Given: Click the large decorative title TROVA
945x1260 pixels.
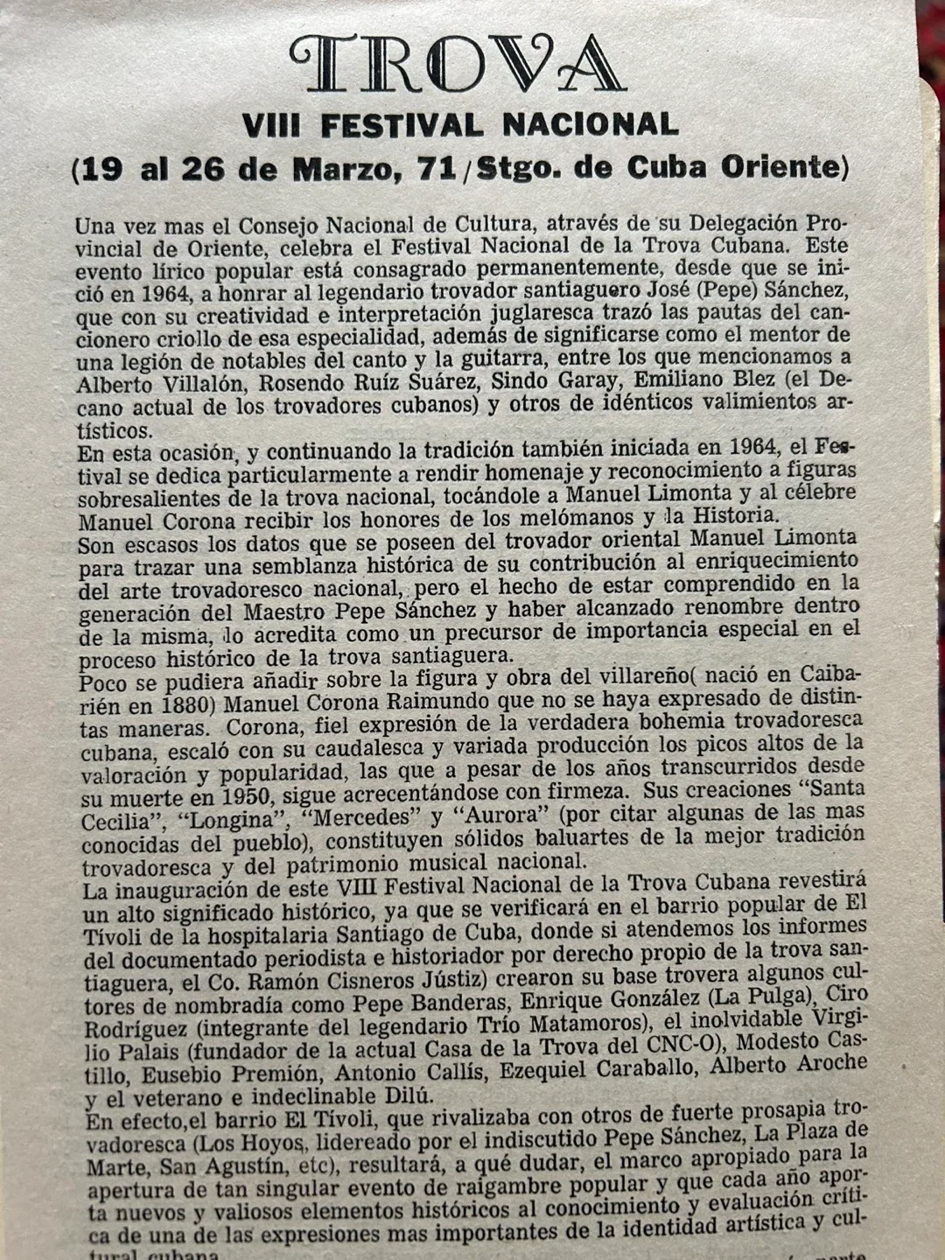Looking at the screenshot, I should tap(457, 64).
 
